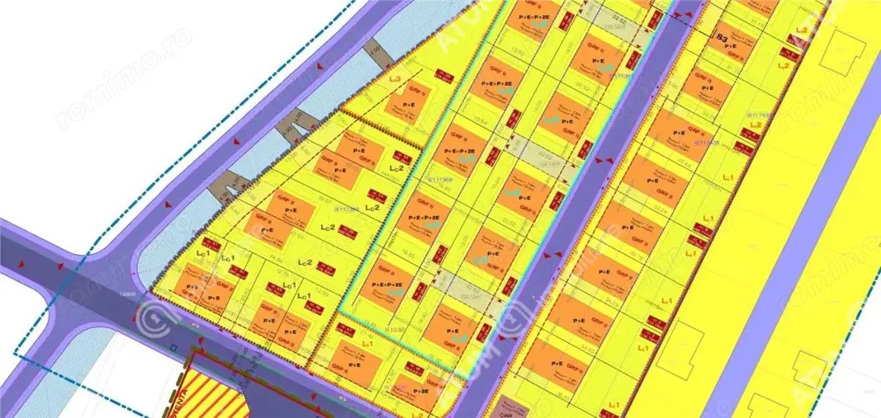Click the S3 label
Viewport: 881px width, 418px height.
722,38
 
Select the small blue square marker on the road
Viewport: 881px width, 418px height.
174,347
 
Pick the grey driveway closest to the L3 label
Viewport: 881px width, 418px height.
379,55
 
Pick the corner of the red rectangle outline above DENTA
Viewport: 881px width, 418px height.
189,356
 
